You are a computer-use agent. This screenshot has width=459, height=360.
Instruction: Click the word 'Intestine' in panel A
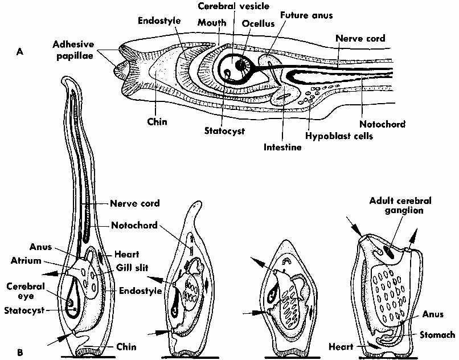282,147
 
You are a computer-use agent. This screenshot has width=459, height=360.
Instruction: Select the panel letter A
19,51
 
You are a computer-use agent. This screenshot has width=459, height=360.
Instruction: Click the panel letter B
19,352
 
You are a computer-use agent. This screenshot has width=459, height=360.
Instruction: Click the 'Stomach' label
438,336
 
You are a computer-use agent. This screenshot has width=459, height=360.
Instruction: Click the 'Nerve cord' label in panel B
134,203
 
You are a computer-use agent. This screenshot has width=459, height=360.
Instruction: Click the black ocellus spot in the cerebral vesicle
242,66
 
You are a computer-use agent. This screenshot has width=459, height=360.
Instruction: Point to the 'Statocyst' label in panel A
225,130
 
